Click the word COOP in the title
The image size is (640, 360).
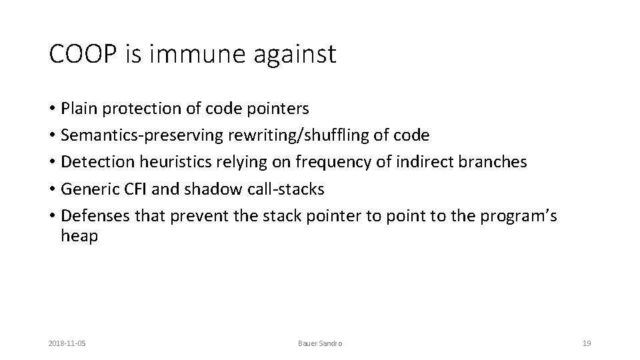pyautogui.click(x=83, y=53)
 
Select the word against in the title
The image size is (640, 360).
pyautogui.click(x=295, y=55)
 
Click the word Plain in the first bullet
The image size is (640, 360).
pyautogui.click(x=79, y=109)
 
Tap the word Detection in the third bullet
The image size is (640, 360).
pyautogui.click(x=97, y=162)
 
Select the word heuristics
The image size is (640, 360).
pyautogui.click(x=175, y=162)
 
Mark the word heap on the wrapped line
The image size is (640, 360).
pyautogui.click(x=79, y=236)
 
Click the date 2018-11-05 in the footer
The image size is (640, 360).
pyautogui.click(x=67, y=344)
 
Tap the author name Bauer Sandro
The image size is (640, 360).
pyautogui.click(x=320, y=344)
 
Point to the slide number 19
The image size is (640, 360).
pyautogui.click(x=587, y=344)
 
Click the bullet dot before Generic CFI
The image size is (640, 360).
pyautogui.click(x=52, y=189)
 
